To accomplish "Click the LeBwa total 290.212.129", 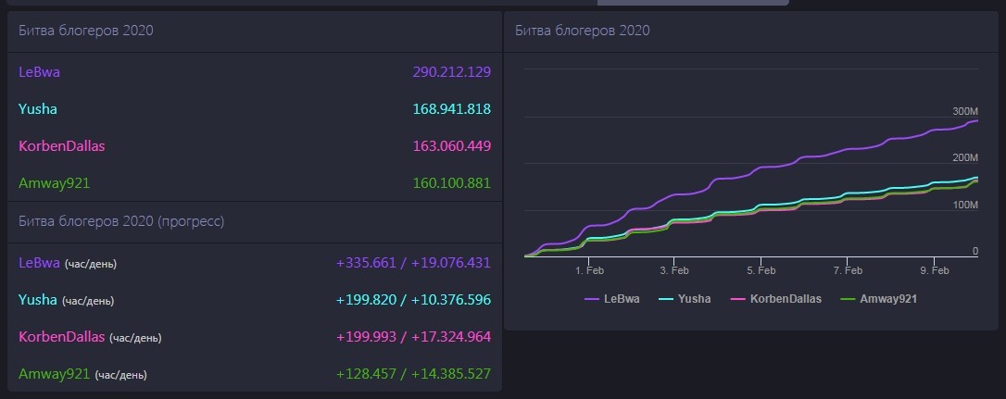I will point(451,71).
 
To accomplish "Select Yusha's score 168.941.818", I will point(451,109).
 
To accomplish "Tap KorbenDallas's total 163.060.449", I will point(451,146).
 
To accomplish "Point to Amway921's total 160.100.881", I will point(451,183).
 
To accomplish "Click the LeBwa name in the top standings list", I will point(40,71).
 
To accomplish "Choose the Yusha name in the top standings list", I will point(38,109).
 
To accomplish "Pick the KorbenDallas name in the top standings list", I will point(62,146).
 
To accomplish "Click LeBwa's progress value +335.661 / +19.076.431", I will point(413,262).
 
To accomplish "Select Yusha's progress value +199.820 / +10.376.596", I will point(413,300).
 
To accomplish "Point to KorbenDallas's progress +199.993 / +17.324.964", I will point(413,337).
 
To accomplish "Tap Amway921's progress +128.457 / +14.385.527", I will point(413,374).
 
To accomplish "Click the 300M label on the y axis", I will point(965,111).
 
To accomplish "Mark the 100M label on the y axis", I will point(965,205).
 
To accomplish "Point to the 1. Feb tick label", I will point(589,270).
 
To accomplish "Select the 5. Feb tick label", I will point(761,270).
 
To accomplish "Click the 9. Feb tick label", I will point(934,270).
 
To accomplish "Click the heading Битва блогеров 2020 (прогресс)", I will point(121,221).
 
